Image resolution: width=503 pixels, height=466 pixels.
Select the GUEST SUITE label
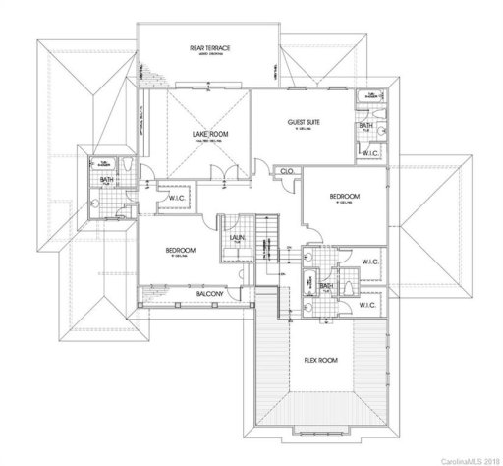pyautogui.click(x=306, y=122)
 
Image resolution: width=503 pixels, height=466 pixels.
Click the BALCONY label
pyautogui.click(x=210, y=294)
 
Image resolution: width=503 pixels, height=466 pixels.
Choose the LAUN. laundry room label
pyautogui.click(x=237, y=237)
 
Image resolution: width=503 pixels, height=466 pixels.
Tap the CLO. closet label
pyautogui.click(x=288, y=171)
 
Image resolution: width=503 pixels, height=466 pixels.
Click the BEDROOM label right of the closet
pyautogui.click(x=344, y=197)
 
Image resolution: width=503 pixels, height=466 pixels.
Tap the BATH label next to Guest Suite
pyautogui.click(x=365, y=125)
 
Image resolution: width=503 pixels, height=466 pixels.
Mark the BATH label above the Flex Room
pyautogui.click(x=325, y=285)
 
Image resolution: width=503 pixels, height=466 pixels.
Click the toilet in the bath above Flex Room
pyautogui.click(x=310, y=305)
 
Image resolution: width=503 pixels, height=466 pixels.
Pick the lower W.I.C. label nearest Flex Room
pyautogui.click(x=368, y=306)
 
